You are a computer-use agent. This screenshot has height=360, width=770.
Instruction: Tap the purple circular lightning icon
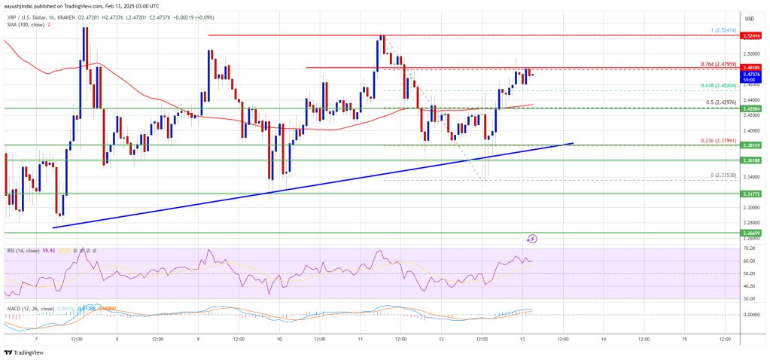pos(532,239)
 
